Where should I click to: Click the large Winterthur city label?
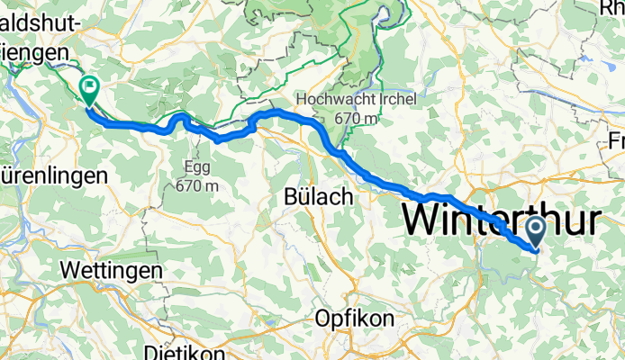(500, 220)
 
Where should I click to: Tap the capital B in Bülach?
(291, 196)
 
